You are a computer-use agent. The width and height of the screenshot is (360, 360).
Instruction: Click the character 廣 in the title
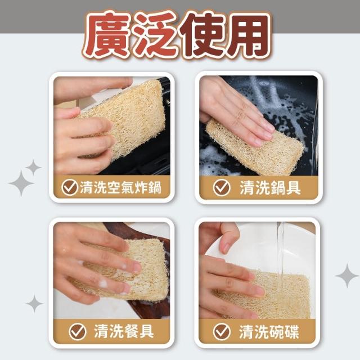point(107,34)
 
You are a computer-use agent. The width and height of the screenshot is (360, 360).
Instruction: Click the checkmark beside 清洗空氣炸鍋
point(70,187)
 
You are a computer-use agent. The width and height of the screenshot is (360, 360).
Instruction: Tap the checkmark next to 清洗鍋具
point(222,188)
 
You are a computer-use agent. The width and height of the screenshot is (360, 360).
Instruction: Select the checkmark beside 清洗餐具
point(78,331)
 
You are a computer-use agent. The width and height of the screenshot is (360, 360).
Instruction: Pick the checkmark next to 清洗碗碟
point(222,331)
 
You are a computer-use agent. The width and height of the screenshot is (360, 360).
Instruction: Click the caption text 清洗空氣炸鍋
point(121,187)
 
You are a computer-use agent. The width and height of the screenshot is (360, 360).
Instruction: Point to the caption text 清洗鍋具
point(270,188)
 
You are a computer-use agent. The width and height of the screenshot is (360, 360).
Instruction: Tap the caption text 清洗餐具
point(124,331)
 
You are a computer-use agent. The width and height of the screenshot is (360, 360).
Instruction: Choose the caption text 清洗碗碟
point(269,331)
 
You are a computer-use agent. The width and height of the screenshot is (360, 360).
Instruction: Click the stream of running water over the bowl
point(280,257)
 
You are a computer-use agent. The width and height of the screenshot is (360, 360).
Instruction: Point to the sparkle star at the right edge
point(347,276)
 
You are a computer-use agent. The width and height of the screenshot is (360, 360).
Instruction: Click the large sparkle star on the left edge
point(21,183)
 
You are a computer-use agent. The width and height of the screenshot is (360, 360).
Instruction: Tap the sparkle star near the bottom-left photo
point(34,304)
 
